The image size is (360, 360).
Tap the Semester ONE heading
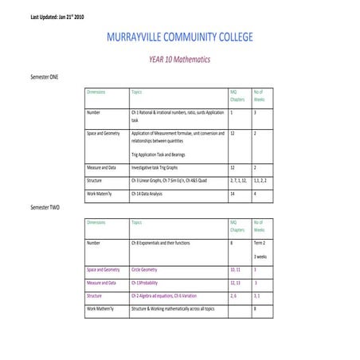44,76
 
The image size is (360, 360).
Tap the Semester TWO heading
45,207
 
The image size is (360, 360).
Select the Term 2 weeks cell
260,241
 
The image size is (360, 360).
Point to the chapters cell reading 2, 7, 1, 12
238,181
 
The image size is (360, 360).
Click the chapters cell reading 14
233,194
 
